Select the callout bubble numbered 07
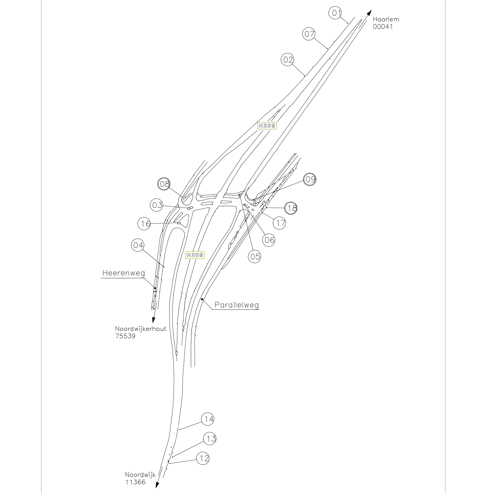coord(309,34)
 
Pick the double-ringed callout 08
coord(164,184)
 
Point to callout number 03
coord(157,205)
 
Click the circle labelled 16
coord(144,224)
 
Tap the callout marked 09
coord(310,179)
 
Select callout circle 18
coord(291,208)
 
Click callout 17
coord(280,223)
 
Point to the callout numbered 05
coord(255,256)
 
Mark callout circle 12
coord(203,458)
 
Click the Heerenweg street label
coord(124,273)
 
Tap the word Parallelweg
coord(237,305)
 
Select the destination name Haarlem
coord(386,19)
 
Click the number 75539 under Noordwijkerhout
coord(125,336)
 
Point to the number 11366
coord(135,482)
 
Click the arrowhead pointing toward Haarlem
coord(369,13)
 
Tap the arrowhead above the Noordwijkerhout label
coord(153,320)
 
